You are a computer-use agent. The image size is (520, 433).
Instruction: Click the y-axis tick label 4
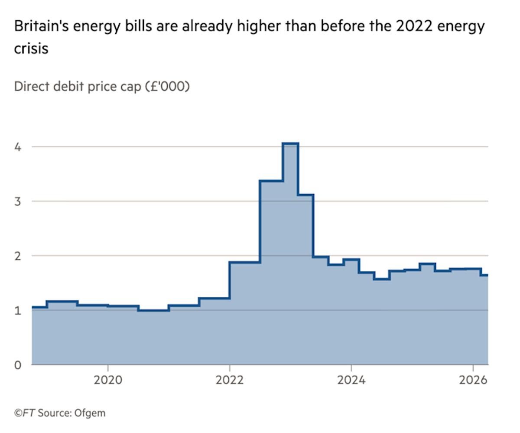pos(18,147)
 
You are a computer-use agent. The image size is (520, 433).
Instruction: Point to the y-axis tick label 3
pos(18,201)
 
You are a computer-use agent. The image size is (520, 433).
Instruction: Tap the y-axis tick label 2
pos(18,256)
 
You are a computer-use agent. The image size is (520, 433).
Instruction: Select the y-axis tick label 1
pos(18,310)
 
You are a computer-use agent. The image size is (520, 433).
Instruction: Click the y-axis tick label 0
pos(18,365)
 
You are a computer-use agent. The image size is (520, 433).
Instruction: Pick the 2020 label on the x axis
pos(108,380)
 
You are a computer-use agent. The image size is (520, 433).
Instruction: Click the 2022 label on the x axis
pos(230,380)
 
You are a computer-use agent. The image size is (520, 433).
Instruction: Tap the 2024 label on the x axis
pos(351,380)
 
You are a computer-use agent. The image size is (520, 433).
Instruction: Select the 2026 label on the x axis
pos(473,380)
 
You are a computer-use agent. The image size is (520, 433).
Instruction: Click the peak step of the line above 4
pos(290,143)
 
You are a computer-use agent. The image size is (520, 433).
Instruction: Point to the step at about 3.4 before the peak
pos(271,181)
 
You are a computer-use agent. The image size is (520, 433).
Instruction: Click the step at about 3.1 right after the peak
pos(305,195)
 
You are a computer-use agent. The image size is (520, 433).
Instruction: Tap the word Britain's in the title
pos(42,27)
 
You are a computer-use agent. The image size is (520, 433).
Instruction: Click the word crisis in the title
pos(31,48)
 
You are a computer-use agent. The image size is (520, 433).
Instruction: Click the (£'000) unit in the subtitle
pos(167,86)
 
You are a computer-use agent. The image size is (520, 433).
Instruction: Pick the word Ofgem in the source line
pos(90,413)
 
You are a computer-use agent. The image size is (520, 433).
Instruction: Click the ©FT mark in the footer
pos(24,413)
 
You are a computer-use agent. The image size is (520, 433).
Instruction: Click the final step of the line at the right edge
pos(484,275)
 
